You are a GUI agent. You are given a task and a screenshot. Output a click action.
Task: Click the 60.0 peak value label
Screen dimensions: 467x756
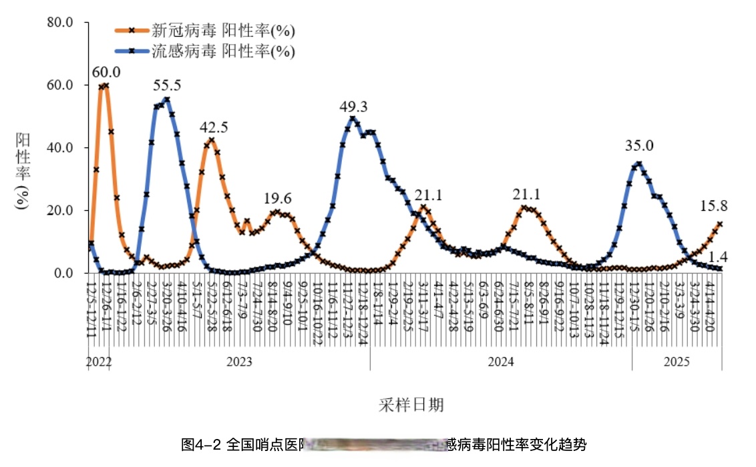click(107, 72)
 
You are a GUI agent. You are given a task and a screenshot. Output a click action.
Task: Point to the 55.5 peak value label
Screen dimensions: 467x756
click(167, 85)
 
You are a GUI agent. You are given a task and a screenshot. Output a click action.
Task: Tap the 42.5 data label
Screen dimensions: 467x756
click(214, 127)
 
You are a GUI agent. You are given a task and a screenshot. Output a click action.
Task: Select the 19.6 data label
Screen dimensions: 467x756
click(277, 198)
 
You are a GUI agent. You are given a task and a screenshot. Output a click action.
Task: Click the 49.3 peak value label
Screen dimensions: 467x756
click(354, 106)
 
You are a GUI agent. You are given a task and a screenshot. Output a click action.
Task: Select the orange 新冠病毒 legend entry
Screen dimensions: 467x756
click(204, 30)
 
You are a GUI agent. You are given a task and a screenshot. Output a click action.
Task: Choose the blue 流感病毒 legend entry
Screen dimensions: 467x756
click(204, 51)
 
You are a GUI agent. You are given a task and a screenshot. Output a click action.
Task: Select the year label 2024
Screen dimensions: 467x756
click(501, 362)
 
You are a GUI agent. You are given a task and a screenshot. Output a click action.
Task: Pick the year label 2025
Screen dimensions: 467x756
click(677, 362)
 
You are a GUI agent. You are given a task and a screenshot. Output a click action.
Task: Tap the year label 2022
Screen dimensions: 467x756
click(98, 362)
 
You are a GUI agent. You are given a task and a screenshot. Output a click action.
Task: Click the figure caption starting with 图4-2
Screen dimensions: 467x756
click(383, 444)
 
